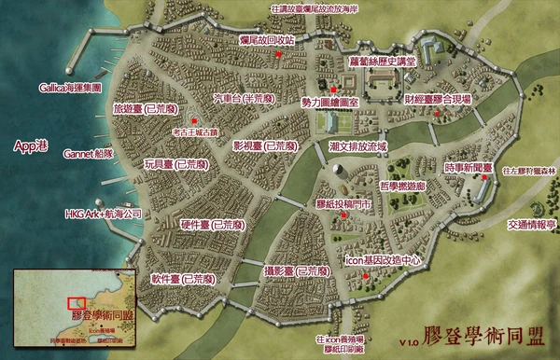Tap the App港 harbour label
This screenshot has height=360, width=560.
pos(33,145)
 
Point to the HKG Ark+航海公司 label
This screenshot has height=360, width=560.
pos(103,214)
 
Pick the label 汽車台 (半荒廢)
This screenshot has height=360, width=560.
pos(245,97)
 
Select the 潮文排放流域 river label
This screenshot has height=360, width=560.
pos(357,147)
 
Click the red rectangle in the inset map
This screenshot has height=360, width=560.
pos(75,302)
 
